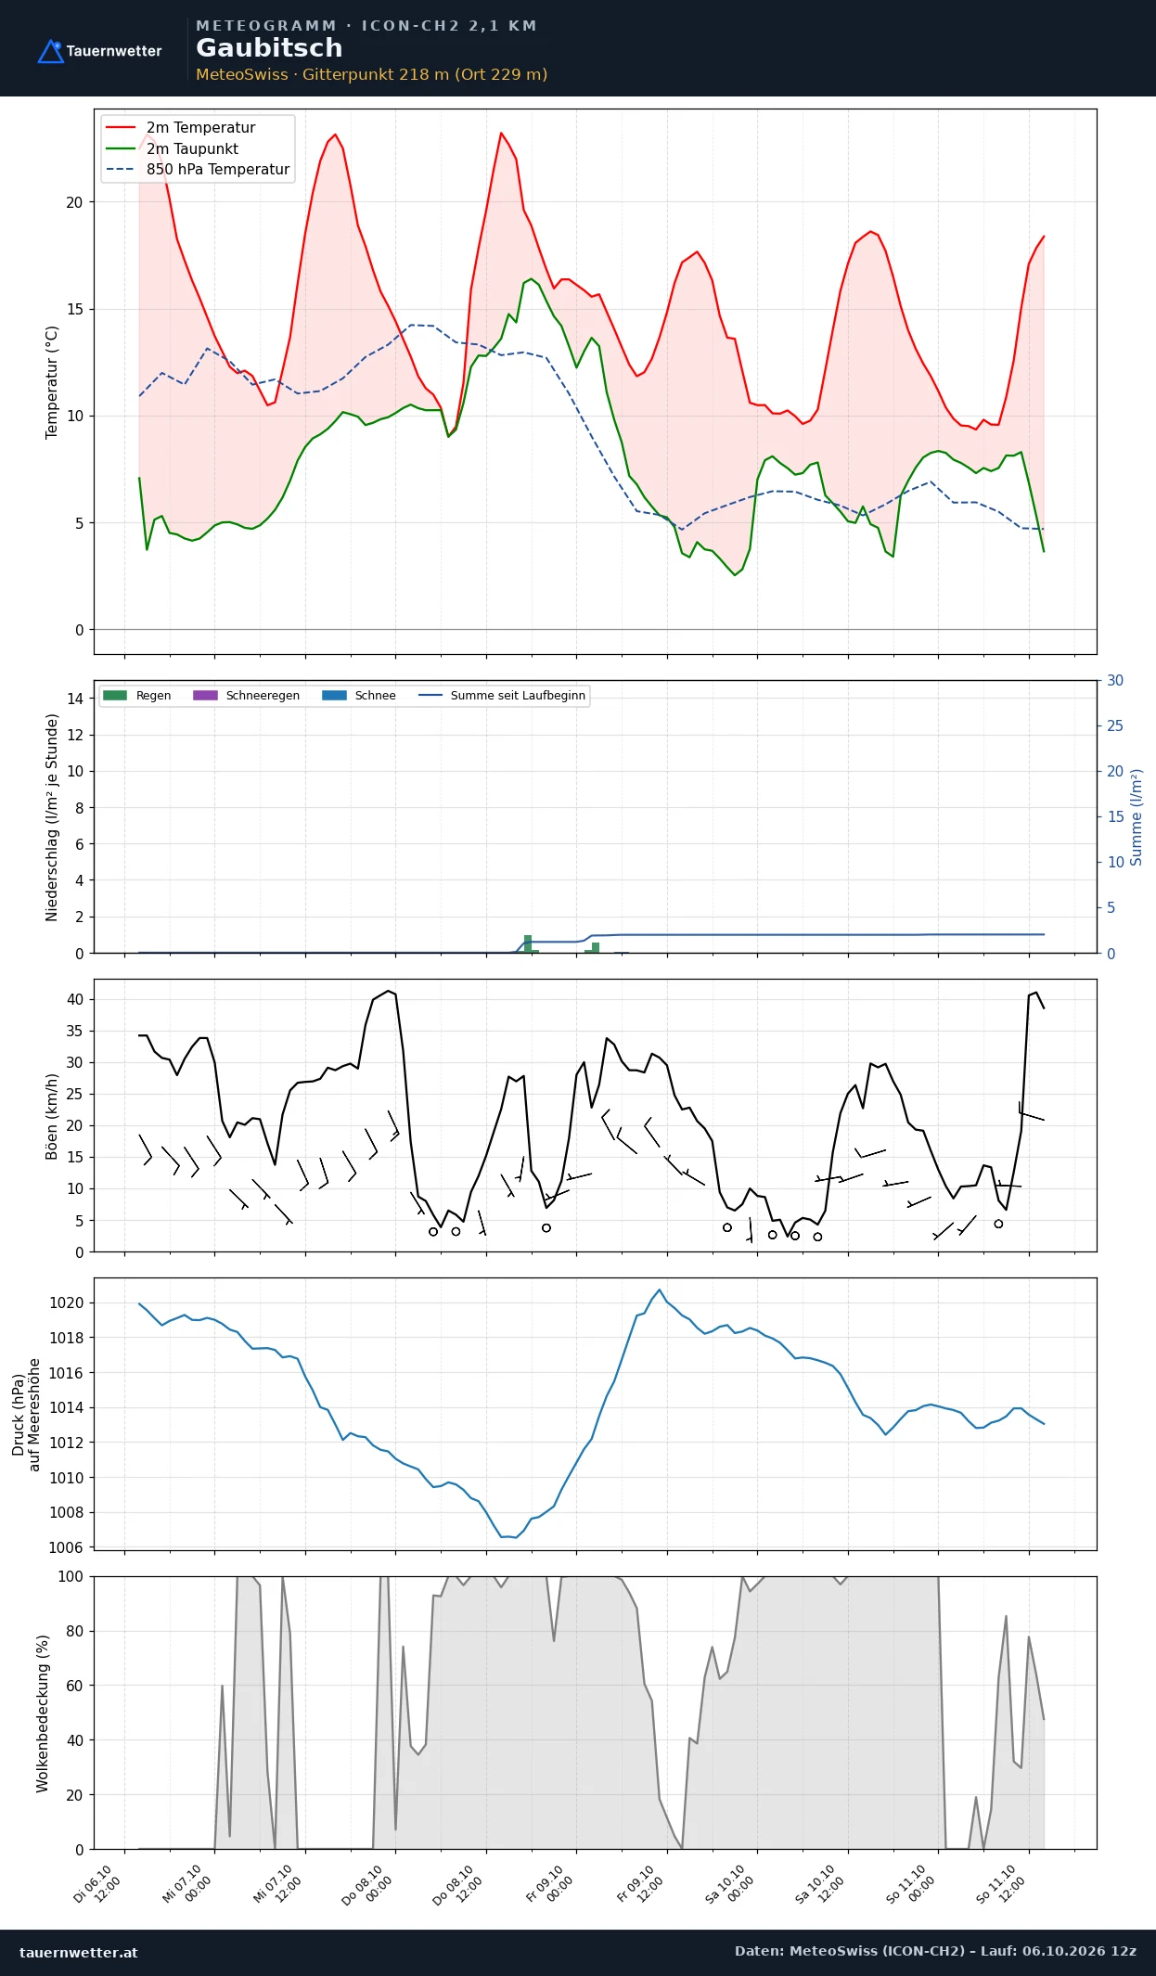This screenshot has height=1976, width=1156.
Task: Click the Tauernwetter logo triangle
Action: pos(50,52)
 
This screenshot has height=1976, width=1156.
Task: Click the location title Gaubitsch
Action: pos(269,48)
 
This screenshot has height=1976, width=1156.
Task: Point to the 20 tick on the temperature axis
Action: pos(74,202)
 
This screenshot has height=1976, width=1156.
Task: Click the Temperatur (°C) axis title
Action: pos(52,382)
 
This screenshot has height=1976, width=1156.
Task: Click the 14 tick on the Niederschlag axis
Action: pos(74,699)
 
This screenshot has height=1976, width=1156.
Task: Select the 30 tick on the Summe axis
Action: pos(1115,681)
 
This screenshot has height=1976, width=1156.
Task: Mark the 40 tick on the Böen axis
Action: pos(74,999)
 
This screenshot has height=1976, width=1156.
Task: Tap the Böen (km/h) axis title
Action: pos(52,1117)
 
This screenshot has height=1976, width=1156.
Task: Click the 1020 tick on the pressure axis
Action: pos(66,1302)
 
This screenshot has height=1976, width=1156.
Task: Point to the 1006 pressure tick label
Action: pos(66,1547)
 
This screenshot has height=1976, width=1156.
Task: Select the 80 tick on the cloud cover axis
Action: pos(74,1631)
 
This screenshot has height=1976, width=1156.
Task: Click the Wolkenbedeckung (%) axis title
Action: pos(42,1713)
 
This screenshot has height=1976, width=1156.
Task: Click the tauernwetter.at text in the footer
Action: pos(79,1952)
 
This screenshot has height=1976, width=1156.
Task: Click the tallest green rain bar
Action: pos(528,944)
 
